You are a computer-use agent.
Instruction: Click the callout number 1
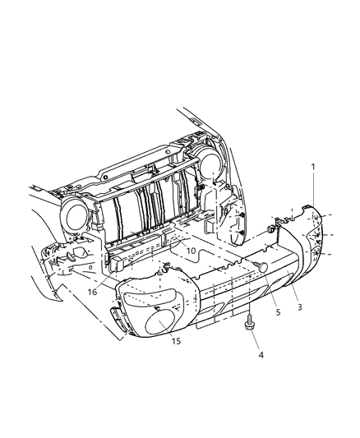pyautogui.click(x=312, y=167)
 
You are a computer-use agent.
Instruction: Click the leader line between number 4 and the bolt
pyautogui.click(x=256, y=341)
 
